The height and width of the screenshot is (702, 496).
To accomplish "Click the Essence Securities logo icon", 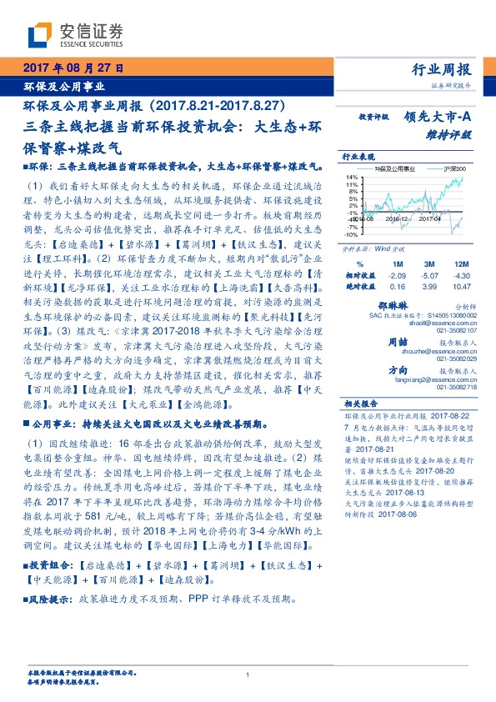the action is coord(39,33).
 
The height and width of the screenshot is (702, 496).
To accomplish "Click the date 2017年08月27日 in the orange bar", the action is coord(73,67).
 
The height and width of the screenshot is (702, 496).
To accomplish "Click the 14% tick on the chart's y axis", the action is coord(352,178).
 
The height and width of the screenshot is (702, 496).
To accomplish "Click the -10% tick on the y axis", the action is coord(351,236).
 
